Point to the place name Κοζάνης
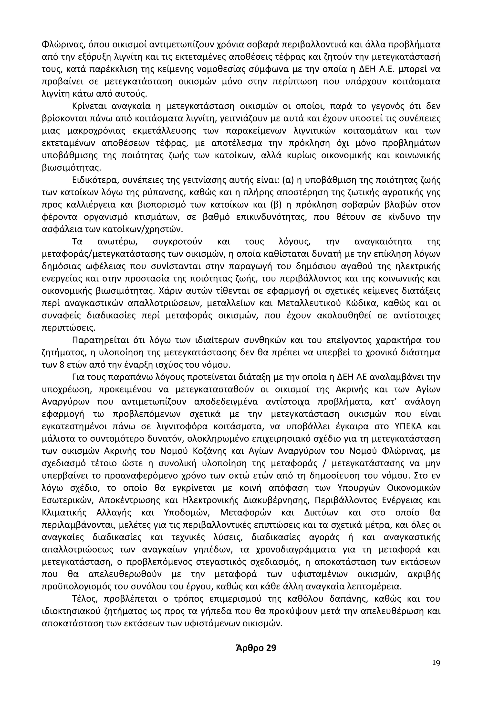click(204, 451)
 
